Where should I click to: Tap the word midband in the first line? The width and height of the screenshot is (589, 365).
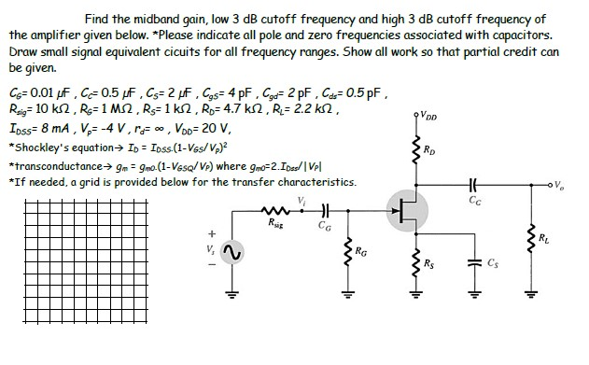point(182,18)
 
